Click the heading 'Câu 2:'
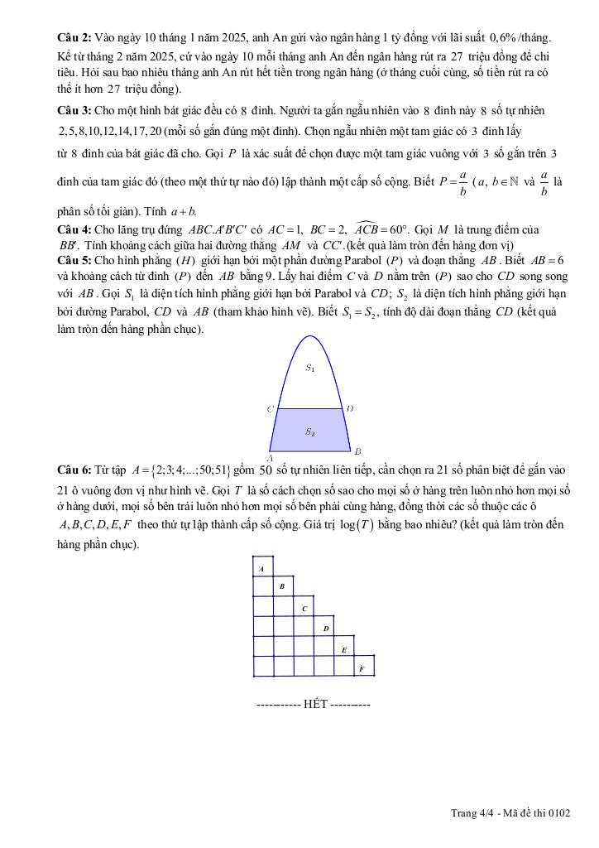(74, 38)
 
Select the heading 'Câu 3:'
(74, 110)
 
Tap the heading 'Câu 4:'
(74, 229)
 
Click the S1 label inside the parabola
(309, 369)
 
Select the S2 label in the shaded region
(309, 431)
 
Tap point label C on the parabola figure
(270, 409)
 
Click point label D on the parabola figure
(350, 408)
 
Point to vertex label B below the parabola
(357, 451)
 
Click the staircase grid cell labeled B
(283, 586)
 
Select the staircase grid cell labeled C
(304, 607)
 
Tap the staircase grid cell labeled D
(325, 627)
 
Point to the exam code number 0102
(558, 813)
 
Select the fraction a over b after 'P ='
(462, 181)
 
